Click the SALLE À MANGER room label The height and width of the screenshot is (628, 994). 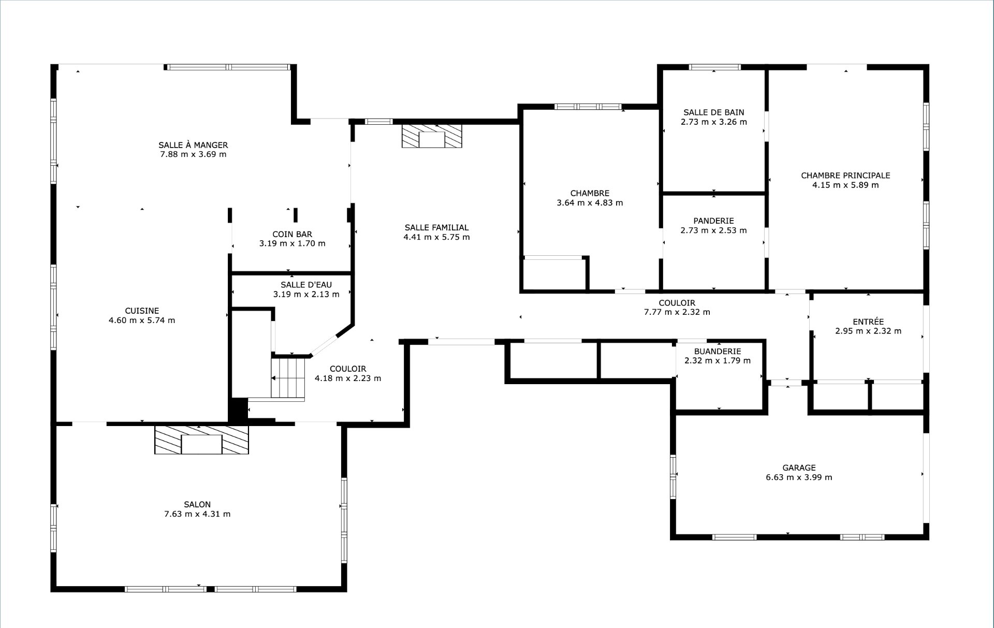193,145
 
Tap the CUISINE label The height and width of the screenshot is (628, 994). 142,311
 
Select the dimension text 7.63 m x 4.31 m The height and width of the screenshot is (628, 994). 197,514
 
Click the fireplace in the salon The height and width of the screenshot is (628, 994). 201,440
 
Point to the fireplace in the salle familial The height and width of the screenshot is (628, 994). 431,136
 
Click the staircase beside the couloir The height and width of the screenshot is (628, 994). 288,377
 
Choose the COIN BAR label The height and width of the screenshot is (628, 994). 293,234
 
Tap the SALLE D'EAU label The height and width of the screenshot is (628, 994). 306,285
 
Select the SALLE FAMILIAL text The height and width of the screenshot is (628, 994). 436,227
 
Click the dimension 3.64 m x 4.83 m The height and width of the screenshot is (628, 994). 590,203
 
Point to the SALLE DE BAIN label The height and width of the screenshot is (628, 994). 714,112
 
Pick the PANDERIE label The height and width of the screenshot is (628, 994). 714,221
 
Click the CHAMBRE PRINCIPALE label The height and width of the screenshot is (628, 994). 845,176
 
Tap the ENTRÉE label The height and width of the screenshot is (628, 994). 868,322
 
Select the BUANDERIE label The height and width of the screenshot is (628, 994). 718,351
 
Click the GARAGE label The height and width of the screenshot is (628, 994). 799,468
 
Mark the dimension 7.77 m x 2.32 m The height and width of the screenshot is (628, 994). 677,312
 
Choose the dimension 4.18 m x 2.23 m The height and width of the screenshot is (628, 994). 348,378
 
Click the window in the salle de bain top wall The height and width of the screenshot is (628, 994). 715,67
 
